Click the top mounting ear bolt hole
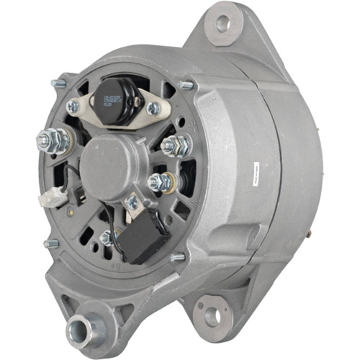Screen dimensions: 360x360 (222, 23)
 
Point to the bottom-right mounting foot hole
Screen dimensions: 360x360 (211, 315)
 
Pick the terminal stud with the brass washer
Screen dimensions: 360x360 (160, 182)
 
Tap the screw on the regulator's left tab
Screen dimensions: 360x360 (73, 107)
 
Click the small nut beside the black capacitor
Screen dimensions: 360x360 (107, 236)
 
